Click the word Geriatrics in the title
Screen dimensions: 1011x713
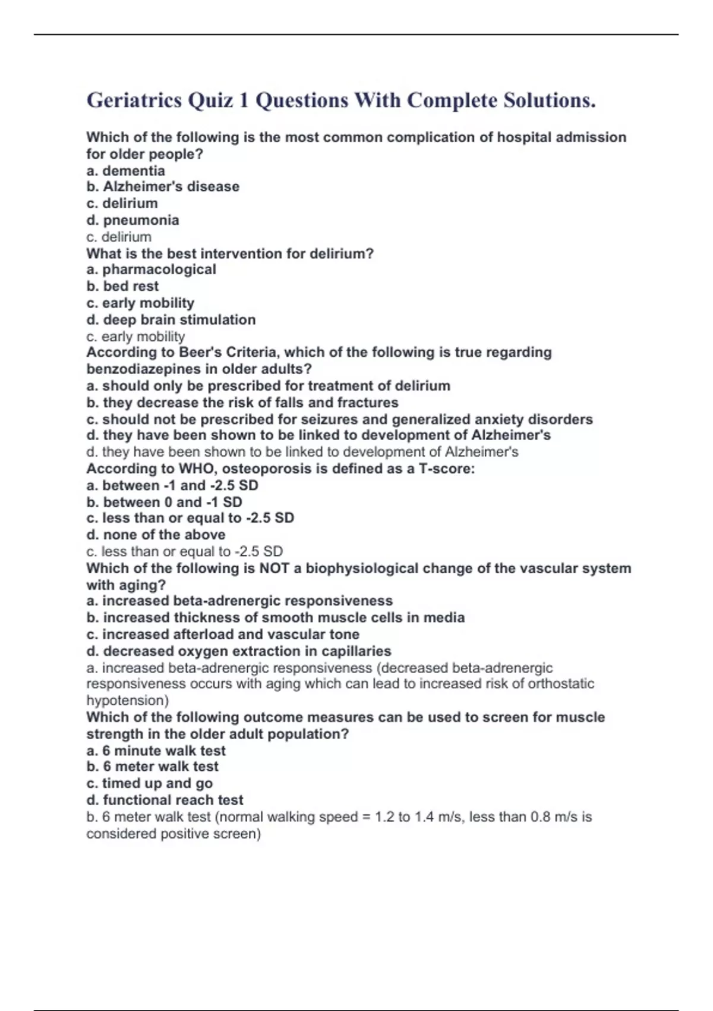pos(134,101)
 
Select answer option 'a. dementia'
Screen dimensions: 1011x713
pos(125,171)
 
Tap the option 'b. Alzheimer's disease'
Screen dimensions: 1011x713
pos(163,187)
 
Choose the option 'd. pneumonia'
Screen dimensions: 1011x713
pos(132,220)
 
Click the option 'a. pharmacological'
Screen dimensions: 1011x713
pos(151,269)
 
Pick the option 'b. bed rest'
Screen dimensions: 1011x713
pos(122,286)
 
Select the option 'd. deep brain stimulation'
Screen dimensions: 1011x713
pos(171,319)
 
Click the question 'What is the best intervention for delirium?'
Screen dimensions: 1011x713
pos(230,253)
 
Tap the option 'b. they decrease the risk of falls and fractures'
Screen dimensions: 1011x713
pos(242,403)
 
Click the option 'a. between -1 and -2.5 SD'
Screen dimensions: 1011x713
pos(172,485)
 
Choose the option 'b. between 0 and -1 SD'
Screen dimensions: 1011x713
pos(164,502)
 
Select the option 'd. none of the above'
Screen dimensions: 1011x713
pos(156,535)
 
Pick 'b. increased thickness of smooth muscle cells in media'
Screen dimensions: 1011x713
pos(275,617)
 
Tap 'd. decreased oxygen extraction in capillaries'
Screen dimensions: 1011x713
pos(239,651)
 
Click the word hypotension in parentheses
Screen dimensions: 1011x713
pos(127,701)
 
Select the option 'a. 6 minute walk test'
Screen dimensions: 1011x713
pos(156,751)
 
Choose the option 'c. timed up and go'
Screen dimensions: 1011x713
pos(149,783)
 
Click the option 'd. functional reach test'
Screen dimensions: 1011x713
pos(165,800)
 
